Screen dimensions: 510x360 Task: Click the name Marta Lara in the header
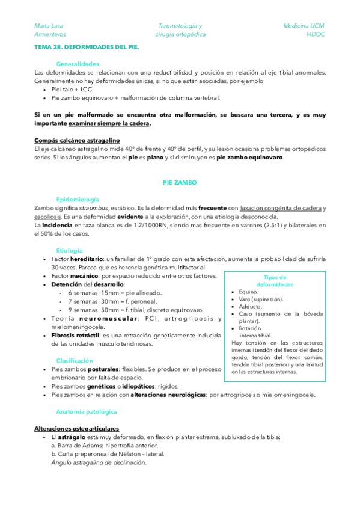49,26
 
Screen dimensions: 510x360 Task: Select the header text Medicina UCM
304,26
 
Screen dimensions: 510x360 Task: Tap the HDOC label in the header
315,35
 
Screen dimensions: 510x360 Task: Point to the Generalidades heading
78,64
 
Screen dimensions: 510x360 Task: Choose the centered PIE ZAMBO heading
180,182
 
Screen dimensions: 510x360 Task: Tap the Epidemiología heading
77,199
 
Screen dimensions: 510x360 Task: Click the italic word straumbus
96,208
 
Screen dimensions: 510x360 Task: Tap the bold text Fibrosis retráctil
75,335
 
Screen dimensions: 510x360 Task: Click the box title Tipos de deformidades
275,280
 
